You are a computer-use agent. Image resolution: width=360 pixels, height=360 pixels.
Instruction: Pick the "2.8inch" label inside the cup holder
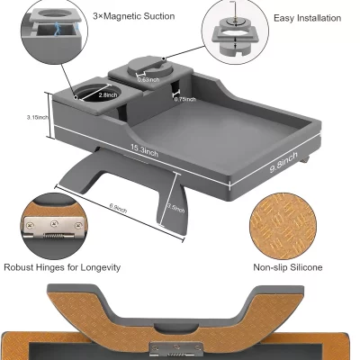point(108,93)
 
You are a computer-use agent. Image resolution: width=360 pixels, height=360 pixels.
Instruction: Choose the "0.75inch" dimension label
point(184,99)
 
